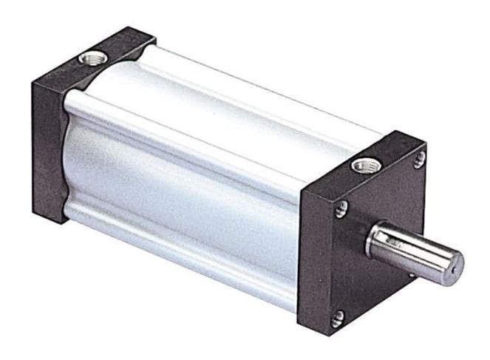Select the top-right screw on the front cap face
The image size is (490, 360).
point(420,157)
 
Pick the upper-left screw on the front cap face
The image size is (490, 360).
point(341,211)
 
